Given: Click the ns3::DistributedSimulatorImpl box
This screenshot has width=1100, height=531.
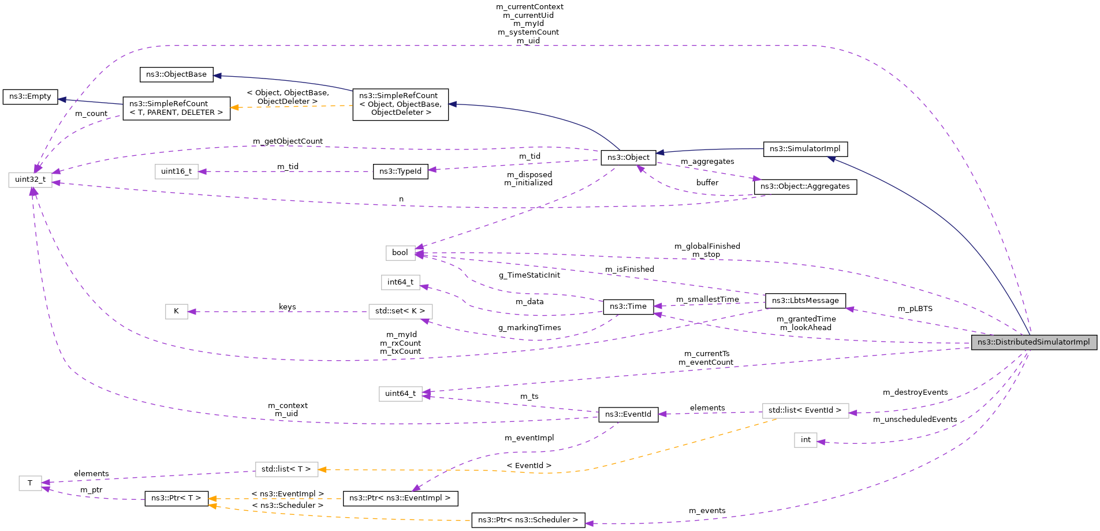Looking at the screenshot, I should tap(1034, 342).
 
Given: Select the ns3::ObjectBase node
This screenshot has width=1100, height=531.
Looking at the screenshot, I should tap(176, 74).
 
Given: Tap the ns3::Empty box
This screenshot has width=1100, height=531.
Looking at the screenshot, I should tap(30, 96).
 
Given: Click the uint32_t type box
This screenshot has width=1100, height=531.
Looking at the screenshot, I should tap(30, 180).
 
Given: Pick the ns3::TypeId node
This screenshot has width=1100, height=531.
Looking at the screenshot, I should tap(400, 171).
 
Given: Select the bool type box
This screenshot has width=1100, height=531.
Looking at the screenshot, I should tap(400, 253).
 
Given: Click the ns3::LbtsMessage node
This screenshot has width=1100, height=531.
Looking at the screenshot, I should tap(805, 301).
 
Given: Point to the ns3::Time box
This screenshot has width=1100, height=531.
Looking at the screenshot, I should tap(628, 306).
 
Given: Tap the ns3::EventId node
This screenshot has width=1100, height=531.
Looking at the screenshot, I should tap(628, 414).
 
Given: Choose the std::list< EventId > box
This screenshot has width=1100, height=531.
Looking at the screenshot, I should tap(805, 410).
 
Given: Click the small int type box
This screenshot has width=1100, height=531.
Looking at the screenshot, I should tap(806, 440).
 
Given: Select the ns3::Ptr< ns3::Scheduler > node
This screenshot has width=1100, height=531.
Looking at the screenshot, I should tap(528, 520).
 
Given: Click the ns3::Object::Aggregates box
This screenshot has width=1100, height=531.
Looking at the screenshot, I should tap(805, 186).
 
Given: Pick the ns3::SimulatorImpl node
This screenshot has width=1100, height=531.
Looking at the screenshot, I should tap(805, 149).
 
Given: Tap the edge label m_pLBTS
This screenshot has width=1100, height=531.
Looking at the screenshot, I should tap(915, 309).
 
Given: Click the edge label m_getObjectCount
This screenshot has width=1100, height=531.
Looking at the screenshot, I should tap(288, 141).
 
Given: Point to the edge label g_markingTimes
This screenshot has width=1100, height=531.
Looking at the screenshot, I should tap(530, 328).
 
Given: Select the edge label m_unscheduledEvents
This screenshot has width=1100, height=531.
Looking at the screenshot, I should tap(915, 420).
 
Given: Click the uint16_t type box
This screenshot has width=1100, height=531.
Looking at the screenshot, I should tap(176, 171).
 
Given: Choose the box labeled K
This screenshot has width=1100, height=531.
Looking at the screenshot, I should tap(176, 312).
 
